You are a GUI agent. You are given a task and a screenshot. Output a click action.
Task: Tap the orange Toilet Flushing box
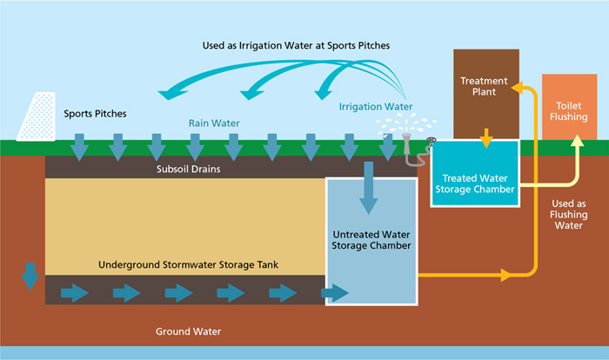click(569, 108)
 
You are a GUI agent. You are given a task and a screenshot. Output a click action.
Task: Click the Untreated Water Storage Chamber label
click(371, 240)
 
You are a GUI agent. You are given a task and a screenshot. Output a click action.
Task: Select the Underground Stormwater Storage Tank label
click(181, 264)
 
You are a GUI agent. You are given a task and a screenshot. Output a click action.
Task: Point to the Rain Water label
click(214, 123)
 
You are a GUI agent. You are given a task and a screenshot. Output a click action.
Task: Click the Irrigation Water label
click(376, 107)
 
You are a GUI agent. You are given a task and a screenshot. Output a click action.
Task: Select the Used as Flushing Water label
click(568, 214)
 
